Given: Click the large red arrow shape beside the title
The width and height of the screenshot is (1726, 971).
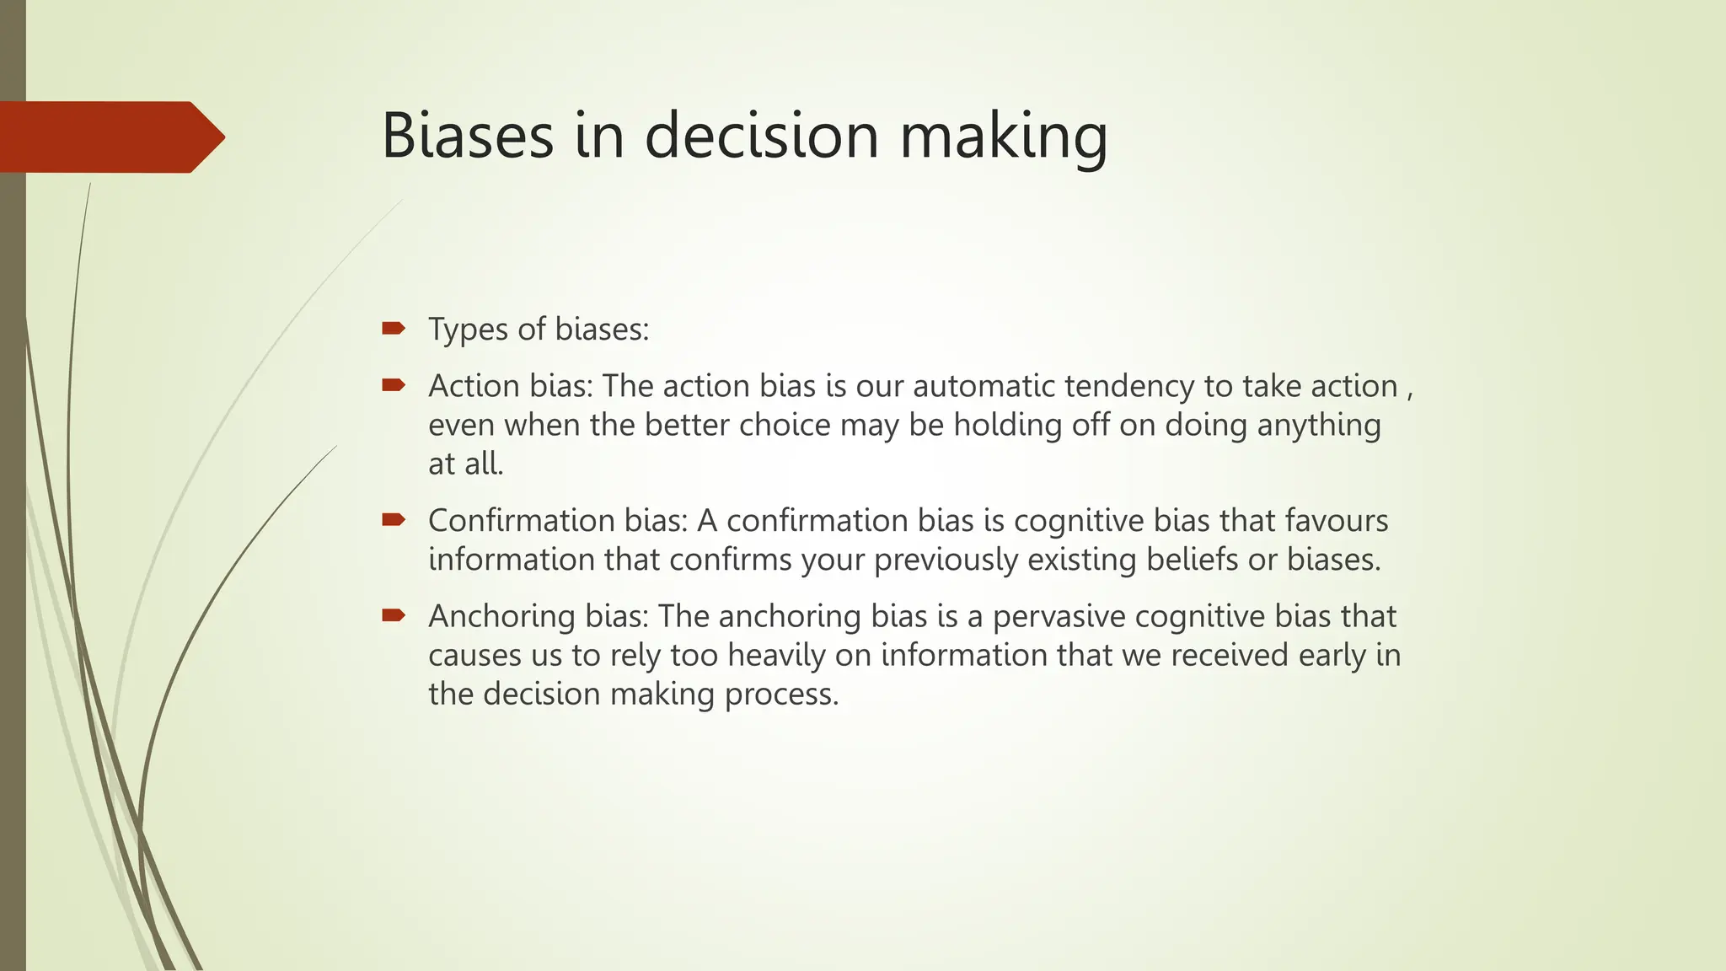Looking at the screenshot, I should (110, 137).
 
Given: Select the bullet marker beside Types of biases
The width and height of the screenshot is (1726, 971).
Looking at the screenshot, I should (393, 328).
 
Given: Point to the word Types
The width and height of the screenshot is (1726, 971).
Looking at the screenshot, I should (468, 330).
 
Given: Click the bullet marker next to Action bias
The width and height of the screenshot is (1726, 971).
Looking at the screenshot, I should (393, 385).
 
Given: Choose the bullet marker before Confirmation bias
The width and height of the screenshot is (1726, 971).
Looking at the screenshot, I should (393, 520).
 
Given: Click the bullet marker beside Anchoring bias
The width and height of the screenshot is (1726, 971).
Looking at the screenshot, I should (393, 615).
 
